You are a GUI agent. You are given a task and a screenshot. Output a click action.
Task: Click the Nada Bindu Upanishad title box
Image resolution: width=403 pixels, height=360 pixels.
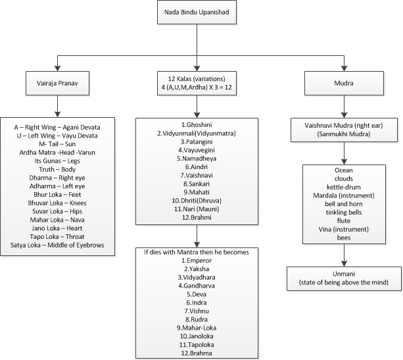pyautogui.click(x=197, y=13)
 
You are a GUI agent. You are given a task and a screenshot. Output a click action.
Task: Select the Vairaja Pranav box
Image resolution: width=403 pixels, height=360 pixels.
pyautogui.click(x=58, y=84)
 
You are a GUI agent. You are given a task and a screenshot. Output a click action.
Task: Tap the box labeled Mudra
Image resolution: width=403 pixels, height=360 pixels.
pyautogui.click(x=344, y=84)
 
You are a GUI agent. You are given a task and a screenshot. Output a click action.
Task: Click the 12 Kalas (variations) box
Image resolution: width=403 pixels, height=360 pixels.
pyautogui.click(x=197, y=84)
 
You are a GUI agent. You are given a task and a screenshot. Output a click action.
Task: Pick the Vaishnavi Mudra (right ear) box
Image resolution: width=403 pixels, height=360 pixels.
pyautogui.click(x=344, y=130)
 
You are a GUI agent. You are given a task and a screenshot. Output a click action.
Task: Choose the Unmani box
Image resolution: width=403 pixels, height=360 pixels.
pyautogui.click(x=344, y=278)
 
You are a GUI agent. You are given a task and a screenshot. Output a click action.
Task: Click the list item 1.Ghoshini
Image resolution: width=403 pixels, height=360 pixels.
pyautogui.click(x=197, y=125)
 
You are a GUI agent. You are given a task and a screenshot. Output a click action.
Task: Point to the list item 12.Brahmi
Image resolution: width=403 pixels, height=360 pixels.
pyautogui.click(x=197, y=217)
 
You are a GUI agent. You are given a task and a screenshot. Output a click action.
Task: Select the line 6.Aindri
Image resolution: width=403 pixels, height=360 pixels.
pyautogui.click(x=197, y=167)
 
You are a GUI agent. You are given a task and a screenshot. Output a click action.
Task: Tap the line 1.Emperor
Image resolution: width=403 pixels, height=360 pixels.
pyautogui.click(x=197, y=261)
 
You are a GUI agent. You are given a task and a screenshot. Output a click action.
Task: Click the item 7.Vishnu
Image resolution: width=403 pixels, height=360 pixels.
pyautogui.click(x=197, y=311)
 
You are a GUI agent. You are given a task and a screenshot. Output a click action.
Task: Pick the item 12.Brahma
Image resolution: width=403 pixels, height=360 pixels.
pyautogui.click(x=197, y=353)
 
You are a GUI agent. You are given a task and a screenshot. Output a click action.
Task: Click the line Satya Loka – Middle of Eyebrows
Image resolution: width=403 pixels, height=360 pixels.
pyautogui.click(x=57, y=245)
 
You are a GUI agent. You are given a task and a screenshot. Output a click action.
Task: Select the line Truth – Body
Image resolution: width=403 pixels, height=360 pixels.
pyautogui.click(x=57, y=169)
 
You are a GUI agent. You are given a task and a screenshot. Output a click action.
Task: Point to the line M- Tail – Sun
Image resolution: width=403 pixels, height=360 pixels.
pyautogui.click(x=57, y=144)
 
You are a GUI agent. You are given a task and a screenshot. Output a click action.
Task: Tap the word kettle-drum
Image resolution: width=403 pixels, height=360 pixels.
pyautogui.click(x=344, y=187)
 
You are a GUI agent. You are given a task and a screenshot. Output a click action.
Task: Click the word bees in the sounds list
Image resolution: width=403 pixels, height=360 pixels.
pyautogui.click(x=344, y=238)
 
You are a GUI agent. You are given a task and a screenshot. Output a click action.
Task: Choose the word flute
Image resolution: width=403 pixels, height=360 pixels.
pyautogui.click(x=344, y=220)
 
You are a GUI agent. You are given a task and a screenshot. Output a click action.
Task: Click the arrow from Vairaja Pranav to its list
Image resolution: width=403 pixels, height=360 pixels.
pyautogui.click(x=58, y=106)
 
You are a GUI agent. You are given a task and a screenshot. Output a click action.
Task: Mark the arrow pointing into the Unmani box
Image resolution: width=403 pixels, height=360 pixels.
pyautogui.click(x=344, y=255)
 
